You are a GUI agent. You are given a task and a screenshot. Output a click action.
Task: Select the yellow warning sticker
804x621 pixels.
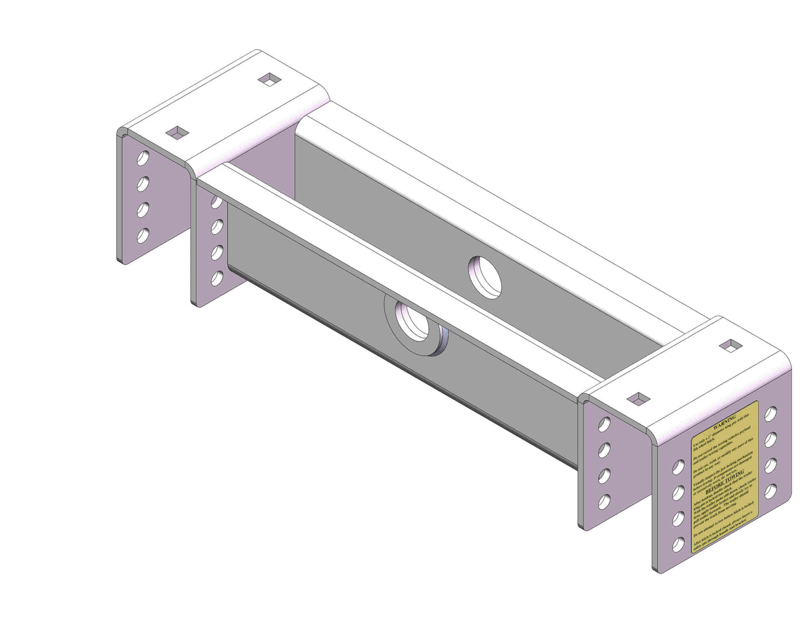(724, 477)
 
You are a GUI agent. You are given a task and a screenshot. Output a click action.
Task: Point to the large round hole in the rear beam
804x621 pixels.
(485, 276)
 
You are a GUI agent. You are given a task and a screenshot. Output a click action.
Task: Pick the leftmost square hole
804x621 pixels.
(177, 132)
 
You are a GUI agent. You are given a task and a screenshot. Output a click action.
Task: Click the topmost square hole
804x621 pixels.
(269, 79)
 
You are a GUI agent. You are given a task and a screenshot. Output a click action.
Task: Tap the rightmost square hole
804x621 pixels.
(730, 346)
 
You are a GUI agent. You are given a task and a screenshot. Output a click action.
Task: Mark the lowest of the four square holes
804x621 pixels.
(638, 399)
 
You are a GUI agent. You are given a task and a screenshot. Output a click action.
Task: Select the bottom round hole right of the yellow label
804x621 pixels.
(771, 491)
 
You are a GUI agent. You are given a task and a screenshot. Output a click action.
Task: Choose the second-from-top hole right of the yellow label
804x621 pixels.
(771, 440)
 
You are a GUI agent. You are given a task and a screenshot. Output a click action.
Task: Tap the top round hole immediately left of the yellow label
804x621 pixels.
(678, 467)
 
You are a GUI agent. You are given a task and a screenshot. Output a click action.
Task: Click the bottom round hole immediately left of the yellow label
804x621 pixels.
(678, 544)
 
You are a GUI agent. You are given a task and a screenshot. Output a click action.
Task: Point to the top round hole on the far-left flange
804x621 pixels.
(142, 158)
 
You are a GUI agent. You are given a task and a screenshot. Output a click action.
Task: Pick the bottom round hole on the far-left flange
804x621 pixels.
(142, 235)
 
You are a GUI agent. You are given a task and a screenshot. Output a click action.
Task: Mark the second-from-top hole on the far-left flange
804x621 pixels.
(142, 183)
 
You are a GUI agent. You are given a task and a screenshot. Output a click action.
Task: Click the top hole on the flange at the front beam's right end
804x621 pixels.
(604, 424)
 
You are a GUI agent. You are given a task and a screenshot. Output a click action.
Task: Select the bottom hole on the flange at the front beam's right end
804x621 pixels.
(604, 502)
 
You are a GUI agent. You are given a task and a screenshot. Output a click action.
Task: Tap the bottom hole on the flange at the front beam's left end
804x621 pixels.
(217, 279)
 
